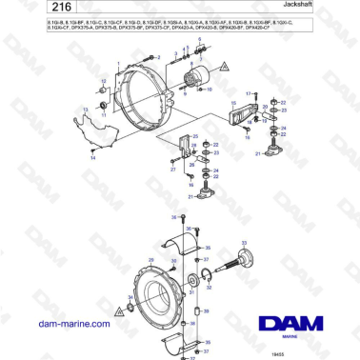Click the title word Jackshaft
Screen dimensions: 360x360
(330, 8)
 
